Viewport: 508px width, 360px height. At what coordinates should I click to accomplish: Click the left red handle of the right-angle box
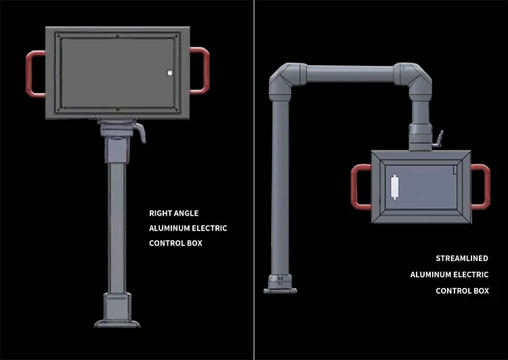point(30,73)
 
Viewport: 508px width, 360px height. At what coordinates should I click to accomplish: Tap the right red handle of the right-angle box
point(205,70)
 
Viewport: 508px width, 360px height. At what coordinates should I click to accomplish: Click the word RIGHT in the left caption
point(161,214)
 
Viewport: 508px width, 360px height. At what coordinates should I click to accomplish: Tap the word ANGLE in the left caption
point(186,214)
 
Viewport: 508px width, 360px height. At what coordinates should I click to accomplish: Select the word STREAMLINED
point(462,258)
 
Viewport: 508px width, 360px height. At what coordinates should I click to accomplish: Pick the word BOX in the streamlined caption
point(480,291)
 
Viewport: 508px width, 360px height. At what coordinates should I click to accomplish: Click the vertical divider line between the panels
point(254,180)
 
